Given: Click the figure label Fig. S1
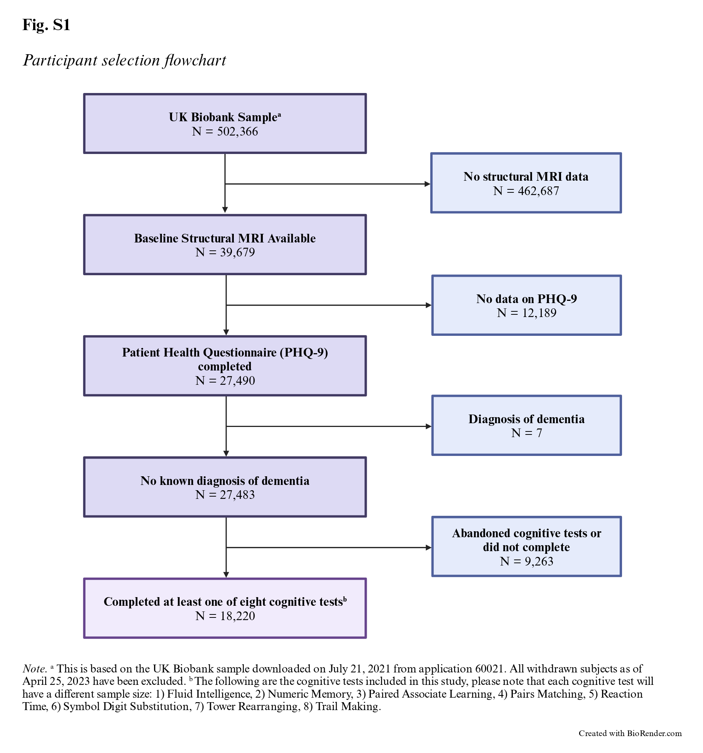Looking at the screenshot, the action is click(46, 25).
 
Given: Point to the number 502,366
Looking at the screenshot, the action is click(237, 131).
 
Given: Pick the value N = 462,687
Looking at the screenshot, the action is click(526, 191).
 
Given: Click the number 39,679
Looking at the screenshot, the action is click(237, 252).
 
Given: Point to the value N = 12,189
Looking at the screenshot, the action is click(526, 313).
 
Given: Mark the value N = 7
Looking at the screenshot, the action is click(526, 433).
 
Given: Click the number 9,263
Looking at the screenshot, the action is click(538, 561).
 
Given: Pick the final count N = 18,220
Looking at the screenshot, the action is click(225, 616).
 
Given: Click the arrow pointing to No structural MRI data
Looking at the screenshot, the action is click(328, 184).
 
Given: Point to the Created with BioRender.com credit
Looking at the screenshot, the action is click(630, 733).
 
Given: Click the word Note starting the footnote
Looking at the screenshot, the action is click(34, 669).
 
